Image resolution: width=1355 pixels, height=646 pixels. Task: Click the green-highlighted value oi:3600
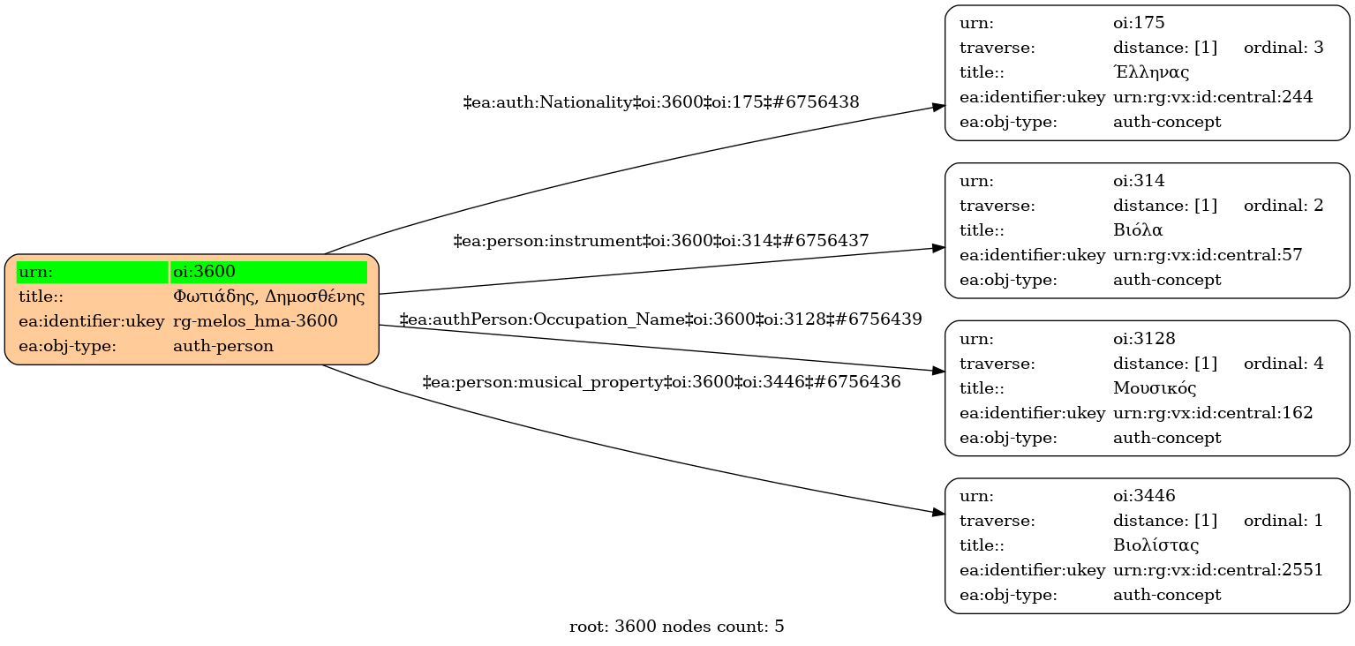coord(204,272)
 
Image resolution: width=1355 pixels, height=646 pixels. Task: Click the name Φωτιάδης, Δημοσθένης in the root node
coord(268,297)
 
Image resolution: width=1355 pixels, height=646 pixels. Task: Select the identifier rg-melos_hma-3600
coord(255,321)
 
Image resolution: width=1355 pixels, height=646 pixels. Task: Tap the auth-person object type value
coord(223,346)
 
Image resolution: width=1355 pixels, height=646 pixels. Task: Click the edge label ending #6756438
coord(661,102)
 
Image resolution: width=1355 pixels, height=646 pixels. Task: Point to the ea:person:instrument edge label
coord(661,240)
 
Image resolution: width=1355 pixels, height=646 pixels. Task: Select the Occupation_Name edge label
coord(661,319)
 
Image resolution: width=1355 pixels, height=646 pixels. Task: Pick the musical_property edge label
coord(661,382)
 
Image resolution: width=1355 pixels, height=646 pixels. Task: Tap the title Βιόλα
coord(1138,230)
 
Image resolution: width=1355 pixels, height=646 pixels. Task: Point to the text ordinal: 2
coord(1283,206)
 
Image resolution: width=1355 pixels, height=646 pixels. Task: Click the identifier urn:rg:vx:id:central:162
coord(1213,413)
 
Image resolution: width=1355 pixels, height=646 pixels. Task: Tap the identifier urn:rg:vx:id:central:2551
coord(1218,570)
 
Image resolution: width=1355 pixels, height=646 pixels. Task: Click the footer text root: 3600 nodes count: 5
coord(677,627)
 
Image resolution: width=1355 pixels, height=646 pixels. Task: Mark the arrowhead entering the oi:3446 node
coord(939,513)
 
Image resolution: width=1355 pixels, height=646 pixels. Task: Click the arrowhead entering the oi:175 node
coord(939,107)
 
